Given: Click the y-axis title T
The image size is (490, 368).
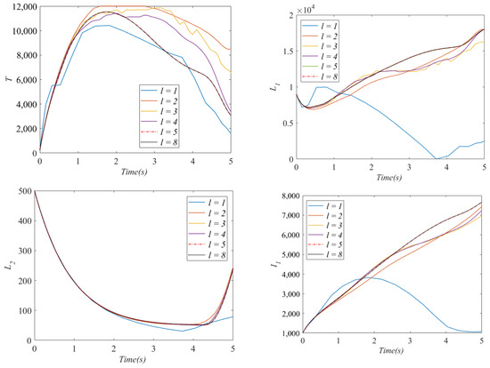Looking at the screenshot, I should point(8,80).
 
